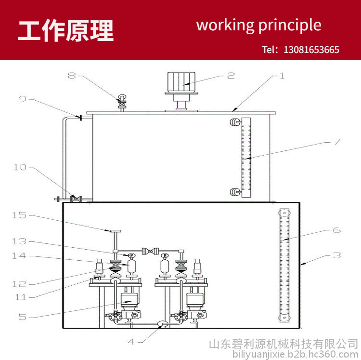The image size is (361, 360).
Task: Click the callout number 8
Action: coord(72,75)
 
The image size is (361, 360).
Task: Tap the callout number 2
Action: coord(231,76)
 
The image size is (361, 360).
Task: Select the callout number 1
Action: coord(282,76)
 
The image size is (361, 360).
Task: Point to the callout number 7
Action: coord(337,142)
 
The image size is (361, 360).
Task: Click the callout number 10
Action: coord(20,167)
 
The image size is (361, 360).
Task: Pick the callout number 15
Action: coord(19,215)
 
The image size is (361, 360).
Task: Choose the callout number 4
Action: coord(131,342)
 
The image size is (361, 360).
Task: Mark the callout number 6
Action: coord(336,230)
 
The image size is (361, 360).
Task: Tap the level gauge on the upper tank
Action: coord(246,158)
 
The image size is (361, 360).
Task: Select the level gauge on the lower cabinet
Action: coord(284,265)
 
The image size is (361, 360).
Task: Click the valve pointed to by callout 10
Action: coord(76,199)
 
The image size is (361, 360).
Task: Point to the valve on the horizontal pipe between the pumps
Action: coord(150,251)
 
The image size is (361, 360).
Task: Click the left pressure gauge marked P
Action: coord(131,255)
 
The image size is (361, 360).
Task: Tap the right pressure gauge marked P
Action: coord(165,255)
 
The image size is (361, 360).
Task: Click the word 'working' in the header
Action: coord(225,26)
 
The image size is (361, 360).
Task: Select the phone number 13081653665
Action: coord(311,50)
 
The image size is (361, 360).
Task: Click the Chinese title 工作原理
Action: coord(66,30)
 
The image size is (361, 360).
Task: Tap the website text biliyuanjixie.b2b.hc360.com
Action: coord(295,354)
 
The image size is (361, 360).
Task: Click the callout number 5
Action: coord(22,317)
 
